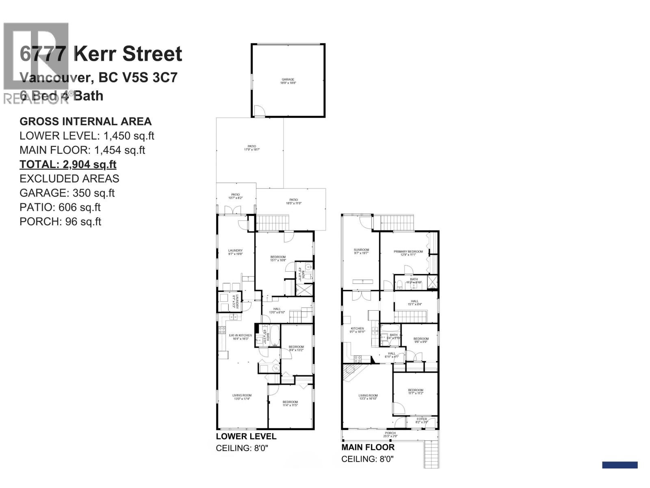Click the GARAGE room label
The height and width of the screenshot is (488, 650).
[288, 80]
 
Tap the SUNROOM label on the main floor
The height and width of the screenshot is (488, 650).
[361, 250]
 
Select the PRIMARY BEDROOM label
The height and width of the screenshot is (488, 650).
[408, 252]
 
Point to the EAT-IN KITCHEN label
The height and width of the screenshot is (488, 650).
[240, 335]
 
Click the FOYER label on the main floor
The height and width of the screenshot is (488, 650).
[422, 419]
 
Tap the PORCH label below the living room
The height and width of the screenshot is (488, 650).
[390, 433]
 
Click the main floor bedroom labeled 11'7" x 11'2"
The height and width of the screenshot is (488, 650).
[416, 390]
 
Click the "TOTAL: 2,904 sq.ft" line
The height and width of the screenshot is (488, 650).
[68, 164]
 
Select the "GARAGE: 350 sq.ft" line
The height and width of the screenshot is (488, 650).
[67, 193]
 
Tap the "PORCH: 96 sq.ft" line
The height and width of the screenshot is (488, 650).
[60, 221]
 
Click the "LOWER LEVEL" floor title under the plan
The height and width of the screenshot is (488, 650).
[246, 436]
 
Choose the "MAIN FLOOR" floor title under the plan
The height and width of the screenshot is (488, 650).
[368, 447]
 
